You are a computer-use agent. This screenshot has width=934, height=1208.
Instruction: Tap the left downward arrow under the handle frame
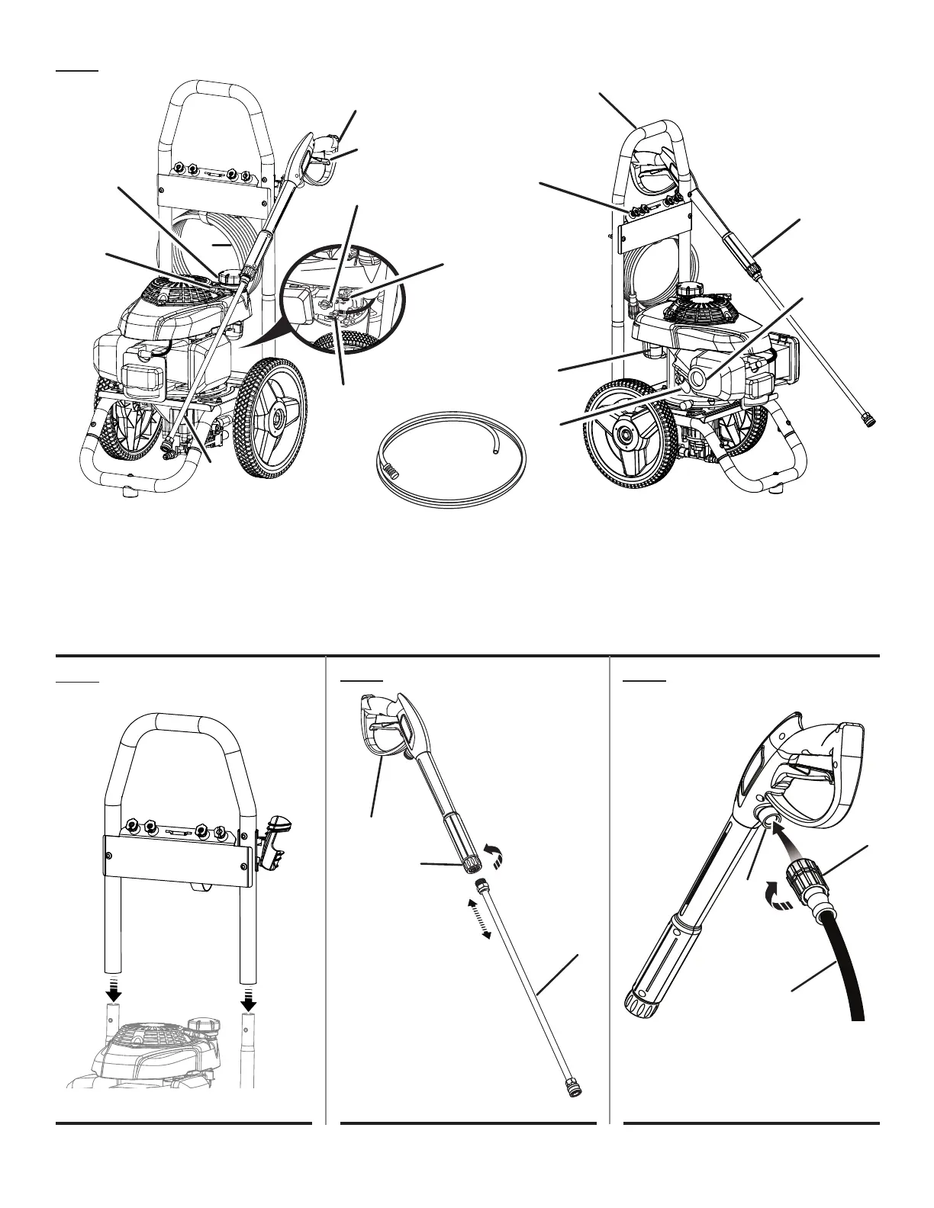(114, 990)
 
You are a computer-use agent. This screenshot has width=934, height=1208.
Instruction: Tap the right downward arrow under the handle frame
(249, 990)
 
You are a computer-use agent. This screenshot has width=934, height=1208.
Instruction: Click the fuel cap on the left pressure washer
(230, 275)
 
